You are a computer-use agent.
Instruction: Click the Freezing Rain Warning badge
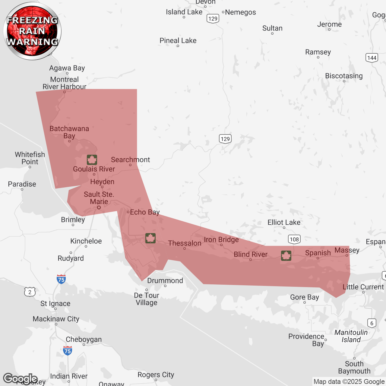(32, 31)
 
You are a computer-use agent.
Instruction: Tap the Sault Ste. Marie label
(99, 198)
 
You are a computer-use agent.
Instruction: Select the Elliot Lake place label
(284, 223)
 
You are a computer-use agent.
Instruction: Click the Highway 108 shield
(294, 239)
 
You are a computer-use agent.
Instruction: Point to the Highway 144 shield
(372, 58)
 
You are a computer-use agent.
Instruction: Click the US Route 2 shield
(30, 292)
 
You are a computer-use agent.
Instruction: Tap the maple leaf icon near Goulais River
(92, 160)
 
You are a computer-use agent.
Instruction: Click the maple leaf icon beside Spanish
(286, 256)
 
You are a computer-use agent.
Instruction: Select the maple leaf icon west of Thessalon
(150, 238)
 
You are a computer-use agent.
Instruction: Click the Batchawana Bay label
(69, 132)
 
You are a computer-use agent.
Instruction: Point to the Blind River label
(251, 255)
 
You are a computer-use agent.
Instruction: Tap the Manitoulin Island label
(351, 336)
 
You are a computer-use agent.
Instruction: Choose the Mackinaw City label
(56, 319)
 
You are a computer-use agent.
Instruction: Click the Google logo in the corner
(20, 378)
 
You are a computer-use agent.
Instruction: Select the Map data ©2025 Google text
(349, 382)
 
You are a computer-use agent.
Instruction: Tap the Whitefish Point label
(30, 158)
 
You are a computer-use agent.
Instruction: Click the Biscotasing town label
(344, 76)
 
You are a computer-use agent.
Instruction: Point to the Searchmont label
(130, 160)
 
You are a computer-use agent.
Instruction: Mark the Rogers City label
(156, 375)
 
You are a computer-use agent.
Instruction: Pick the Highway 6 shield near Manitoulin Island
(372, 323)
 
